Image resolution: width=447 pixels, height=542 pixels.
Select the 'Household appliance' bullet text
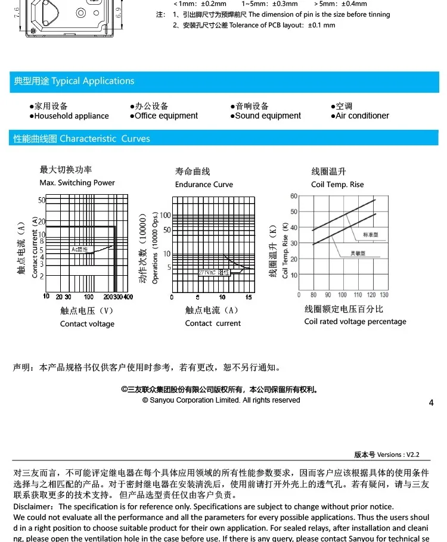tap(72, 116)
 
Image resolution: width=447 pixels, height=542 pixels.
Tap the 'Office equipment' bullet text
tap(166, 116)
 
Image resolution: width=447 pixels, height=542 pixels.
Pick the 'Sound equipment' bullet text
tap(268, 116)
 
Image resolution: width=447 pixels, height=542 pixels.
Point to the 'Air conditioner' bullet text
tap(362, 116)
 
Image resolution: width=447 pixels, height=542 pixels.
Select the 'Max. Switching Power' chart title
tap(77, 183)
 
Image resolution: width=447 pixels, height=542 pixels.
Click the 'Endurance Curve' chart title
tap(204, 185)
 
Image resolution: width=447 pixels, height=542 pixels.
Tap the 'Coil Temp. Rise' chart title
tap(337, 185)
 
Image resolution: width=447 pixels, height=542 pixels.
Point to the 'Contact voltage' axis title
tap(87, 324)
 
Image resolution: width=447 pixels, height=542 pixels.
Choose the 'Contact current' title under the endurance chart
tap(213, 323)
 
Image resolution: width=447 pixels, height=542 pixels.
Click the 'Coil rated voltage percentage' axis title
tap(355, 322)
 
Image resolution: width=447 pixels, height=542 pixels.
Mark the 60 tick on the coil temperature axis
tap(293, 196)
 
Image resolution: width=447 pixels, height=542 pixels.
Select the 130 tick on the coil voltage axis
tap(384, 295)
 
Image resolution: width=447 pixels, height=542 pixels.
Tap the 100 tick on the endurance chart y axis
tap(165, 216)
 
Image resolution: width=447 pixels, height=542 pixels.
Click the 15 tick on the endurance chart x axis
tap(248, 297)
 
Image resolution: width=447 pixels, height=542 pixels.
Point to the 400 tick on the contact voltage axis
tap(128, 297)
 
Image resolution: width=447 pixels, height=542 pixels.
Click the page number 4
tap(431, 403)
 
